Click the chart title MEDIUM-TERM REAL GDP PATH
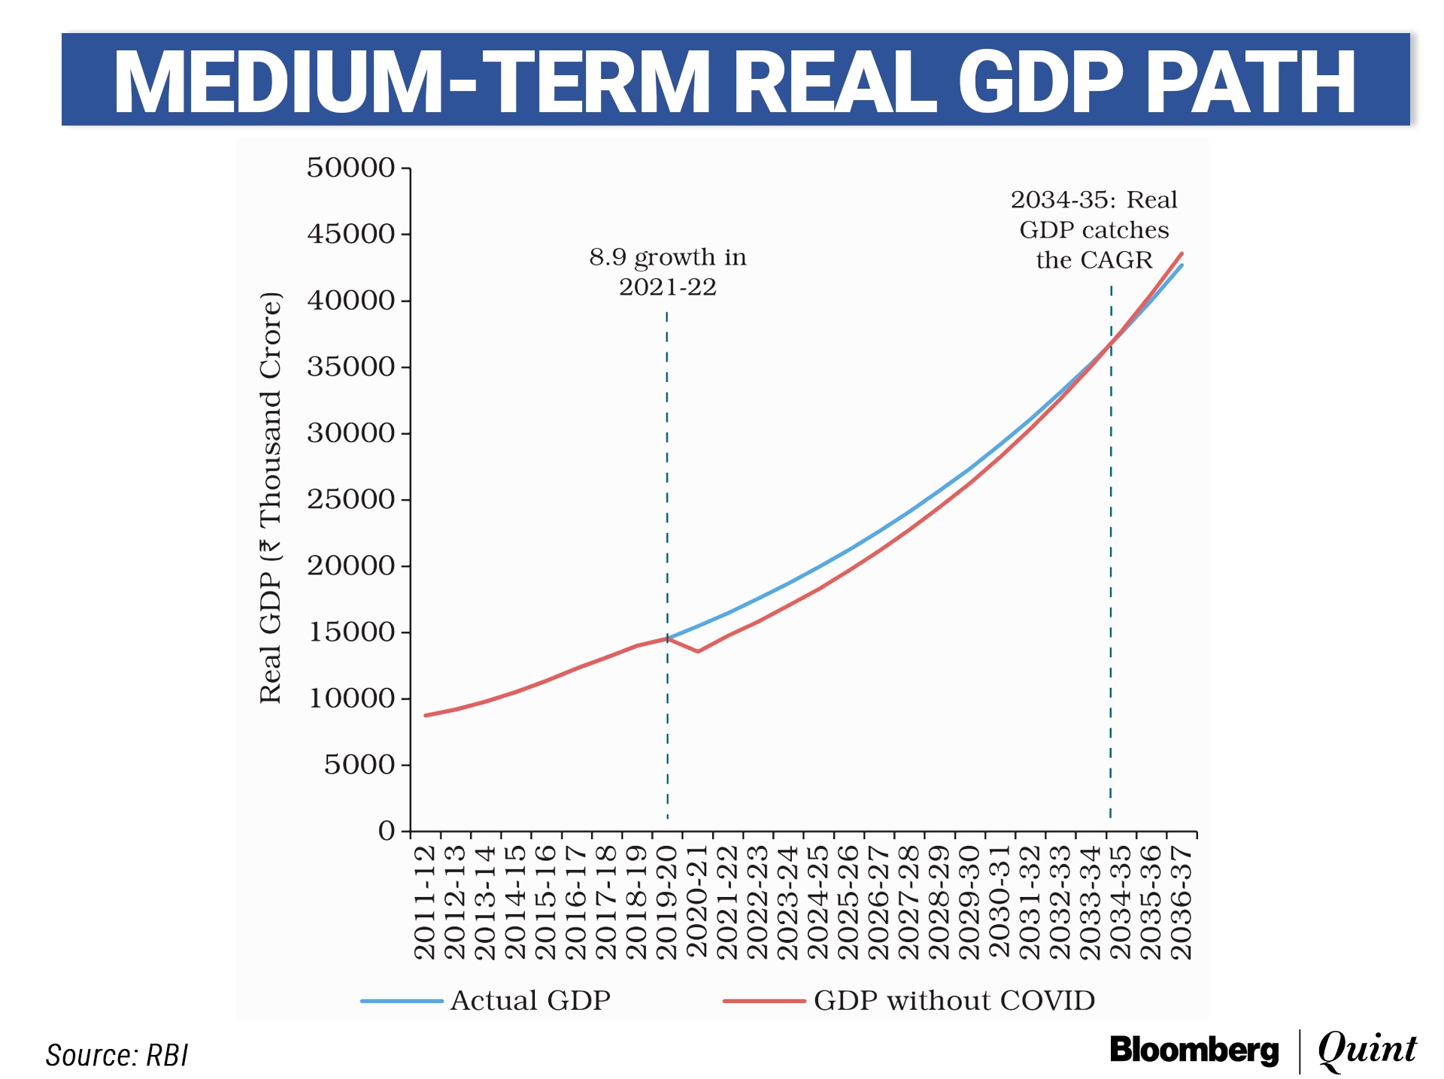(x=735, y=81)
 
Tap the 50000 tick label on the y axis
(x=350, y=168)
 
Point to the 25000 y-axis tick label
(x=350, y=499)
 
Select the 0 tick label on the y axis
(x=387, y=831)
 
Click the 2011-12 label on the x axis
(x=426, y=902)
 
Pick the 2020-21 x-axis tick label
(x=698, y=902)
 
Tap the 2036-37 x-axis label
(x=1182, y=902)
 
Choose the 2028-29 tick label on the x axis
(x=939, y=902)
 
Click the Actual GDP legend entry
(x=529, y=1001)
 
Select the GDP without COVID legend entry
(x=954, y=1001)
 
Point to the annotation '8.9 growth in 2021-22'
(x=668, y=271)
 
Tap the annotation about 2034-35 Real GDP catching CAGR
(x=1094, y=229)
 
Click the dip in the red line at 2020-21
(x=698, y=651)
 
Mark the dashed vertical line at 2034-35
(x=1111, y=564)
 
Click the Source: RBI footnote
(x=117, y=1056)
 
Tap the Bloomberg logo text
(x=1194, y=1050)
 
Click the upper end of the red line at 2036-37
(x=1182, y=253)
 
